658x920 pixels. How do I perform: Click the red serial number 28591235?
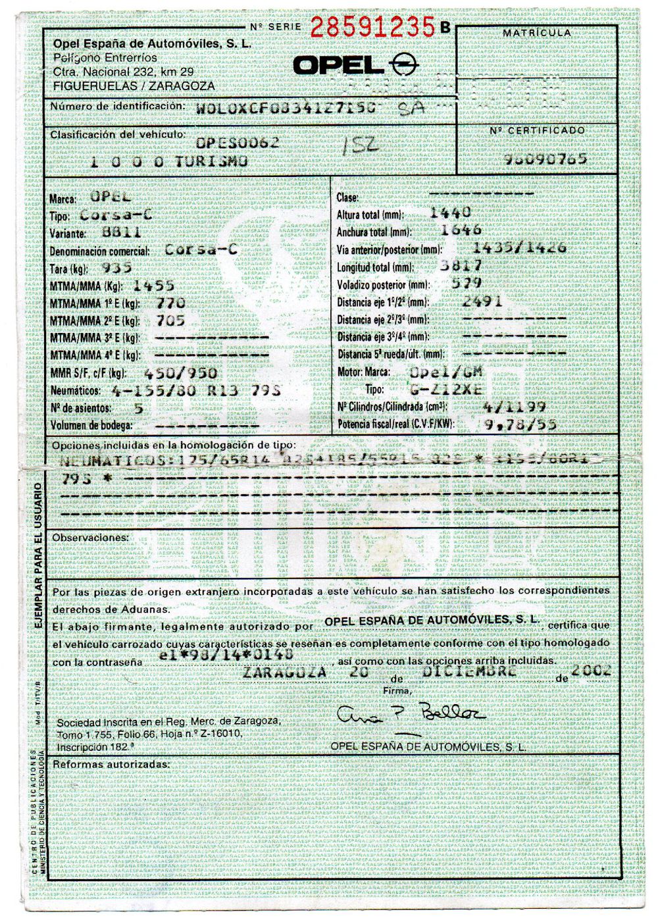(372, 27)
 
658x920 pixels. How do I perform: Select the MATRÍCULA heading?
(537, 33)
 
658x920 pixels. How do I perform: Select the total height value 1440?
(450, 213)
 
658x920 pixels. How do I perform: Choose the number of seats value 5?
(138, 407)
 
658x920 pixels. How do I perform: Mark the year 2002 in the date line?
(592, 671)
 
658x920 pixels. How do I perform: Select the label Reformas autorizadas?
(111, 764)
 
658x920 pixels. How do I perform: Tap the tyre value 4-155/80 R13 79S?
(197, 390)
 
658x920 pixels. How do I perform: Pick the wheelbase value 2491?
(482, 301)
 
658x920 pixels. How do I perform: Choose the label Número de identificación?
(116, 106)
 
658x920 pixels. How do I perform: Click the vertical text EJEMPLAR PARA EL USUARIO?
(39, 555)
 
